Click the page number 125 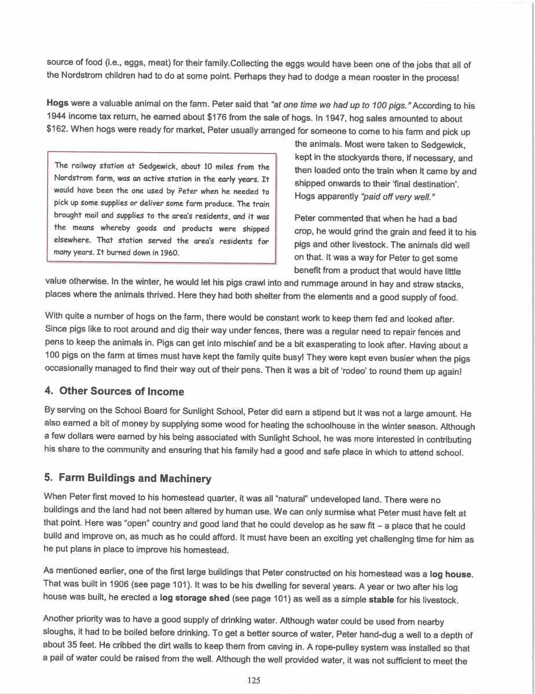253,680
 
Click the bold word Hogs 57,105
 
